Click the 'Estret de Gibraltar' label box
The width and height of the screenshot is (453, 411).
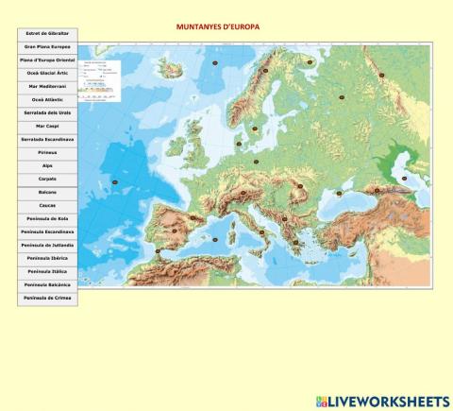pos(47,33)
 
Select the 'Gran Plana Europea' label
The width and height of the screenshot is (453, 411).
pos(47,46)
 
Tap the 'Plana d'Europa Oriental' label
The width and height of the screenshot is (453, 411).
pos(47,60)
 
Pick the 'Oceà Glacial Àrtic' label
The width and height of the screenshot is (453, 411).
pos(47,73)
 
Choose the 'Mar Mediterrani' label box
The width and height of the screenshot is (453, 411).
pos(47,86)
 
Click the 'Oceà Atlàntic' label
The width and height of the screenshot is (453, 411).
pos(47,99)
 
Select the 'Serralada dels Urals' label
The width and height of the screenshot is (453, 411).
pos(47,112)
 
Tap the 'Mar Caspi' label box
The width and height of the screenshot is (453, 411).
pos(47,126)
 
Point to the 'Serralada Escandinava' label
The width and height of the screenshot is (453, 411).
pos(47,139)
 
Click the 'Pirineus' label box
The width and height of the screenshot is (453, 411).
pos(47,152)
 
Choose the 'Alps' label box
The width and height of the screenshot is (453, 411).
pos(47,165)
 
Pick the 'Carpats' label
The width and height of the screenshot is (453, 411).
pos(47,179)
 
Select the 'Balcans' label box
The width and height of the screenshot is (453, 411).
pos(47,192)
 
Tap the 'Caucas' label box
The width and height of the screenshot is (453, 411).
pos(47,205)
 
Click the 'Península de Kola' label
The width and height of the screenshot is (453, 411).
pos(47,218)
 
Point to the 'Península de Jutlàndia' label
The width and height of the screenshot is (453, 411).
pos(47,245)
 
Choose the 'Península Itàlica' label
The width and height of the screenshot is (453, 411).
pos(47,271)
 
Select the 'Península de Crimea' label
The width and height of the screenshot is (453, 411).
pos(47,298)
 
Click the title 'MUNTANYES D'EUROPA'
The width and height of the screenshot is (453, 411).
pos(218,27)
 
